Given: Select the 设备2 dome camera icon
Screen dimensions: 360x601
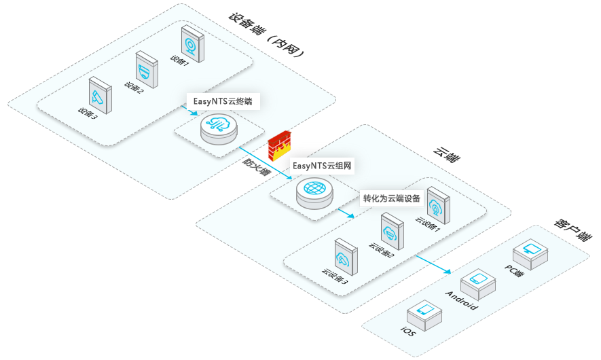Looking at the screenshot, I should [x=146, y=69].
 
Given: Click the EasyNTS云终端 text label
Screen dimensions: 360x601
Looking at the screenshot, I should [x=222, y=101].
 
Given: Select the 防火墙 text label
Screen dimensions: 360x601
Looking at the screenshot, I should [x=257, y=166].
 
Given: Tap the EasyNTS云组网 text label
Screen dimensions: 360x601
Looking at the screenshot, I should [x=323, y=165].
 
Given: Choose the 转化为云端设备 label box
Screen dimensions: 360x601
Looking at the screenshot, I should [x=392, y=199].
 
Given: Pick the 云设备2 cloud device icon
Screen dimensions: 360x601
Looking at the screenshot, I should [x=392, y=231].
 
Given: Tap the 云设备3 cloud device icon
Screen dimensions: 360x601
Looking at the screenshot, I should [x=344, y=256].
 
